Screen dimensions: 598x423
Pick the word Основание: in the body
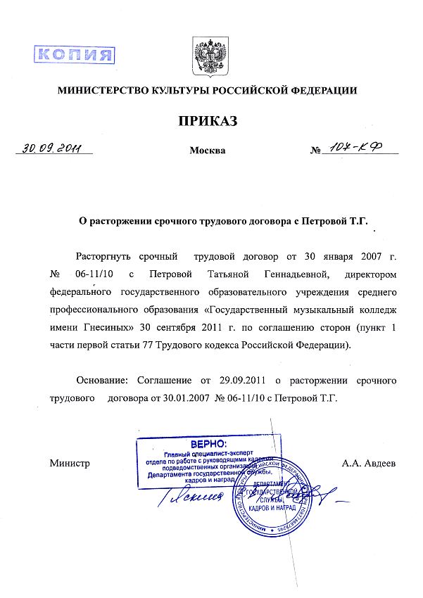(103, 380)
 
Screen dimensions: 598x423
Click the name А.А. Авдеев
(369, 464)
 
